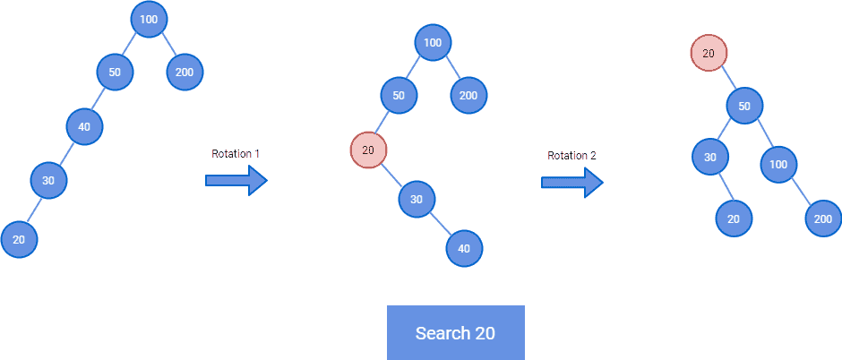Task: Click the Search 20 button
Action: coord(455,333)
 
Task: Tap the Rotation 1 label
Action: coord(236,154)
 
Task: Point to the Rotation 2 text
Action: coord(571,156)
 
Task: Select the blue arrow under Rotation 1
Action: coord(236,181)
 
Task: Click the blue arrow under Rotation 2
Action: coord(571,183)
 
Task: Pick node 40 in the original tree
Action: coord(84,126)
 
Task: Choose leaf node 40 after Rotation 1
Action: coord(464,249)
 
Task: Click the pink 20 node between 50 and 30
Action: coord(368,150)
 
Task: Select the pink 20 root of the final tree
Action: coord(709,54)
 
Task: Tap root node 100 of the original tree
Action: coord(149,19)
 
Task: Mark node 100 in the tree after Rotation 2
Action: coord(778,164)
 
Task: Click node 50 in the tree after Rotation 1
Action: coord(399,96)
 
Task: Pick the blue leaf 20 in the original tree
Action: coord(19,239)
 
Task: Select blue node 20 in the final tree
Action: coord(734,219)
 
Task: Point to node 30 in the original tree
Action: coord(48,181)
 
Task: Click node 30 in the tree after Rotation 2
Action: coord(709,158)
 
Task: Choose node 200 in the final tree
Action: coord(823,219)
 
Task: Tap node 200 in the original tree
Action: coord(185,73)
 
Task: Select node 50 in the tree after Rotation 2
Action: coord(744,107)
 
